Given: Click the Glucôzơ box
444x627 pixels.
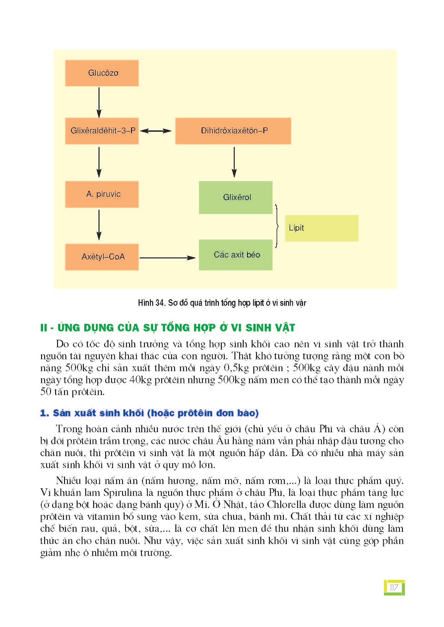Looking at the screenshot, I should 102,73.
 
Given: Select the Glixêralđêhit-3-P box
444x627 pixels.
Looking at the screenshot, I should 102,130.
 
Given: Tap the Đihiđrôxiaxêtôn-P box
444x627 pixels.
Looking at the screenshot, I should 233,130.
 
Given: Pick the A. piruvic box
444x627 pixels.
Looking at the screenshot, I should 102,194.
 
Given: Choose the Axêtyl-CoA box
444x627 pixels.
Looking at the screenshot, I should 102,257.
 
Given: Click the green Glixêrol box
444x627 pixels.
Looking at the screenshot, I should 236,197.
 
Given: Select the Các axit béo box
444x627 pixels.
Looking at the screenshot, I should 236,255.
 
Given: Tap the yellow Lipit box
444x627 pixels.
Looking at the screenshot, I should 321,228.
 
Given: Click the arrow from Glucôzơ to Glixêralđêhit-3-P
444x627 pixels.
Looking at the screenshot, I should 99,102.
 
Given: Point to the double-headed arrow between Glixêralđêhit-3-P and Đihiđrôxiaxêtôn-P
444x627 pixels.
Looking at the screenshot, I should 156,131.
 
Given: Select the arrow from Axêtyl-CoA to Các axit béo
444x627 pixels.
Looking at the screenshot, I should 168,258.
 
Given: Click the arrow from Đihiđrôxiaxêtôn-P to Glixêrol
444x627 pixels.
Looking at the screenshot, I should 234,162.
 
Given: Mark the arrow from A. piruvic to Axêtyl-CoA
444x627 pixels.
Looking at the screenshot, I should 99,225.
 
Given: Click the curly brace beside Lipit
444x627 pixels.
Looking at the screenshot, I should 277,226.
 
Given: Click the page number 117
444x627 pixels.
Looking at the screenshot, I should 394,587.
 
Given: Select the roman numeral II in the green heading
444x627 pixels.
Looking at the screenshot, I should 43,328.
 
